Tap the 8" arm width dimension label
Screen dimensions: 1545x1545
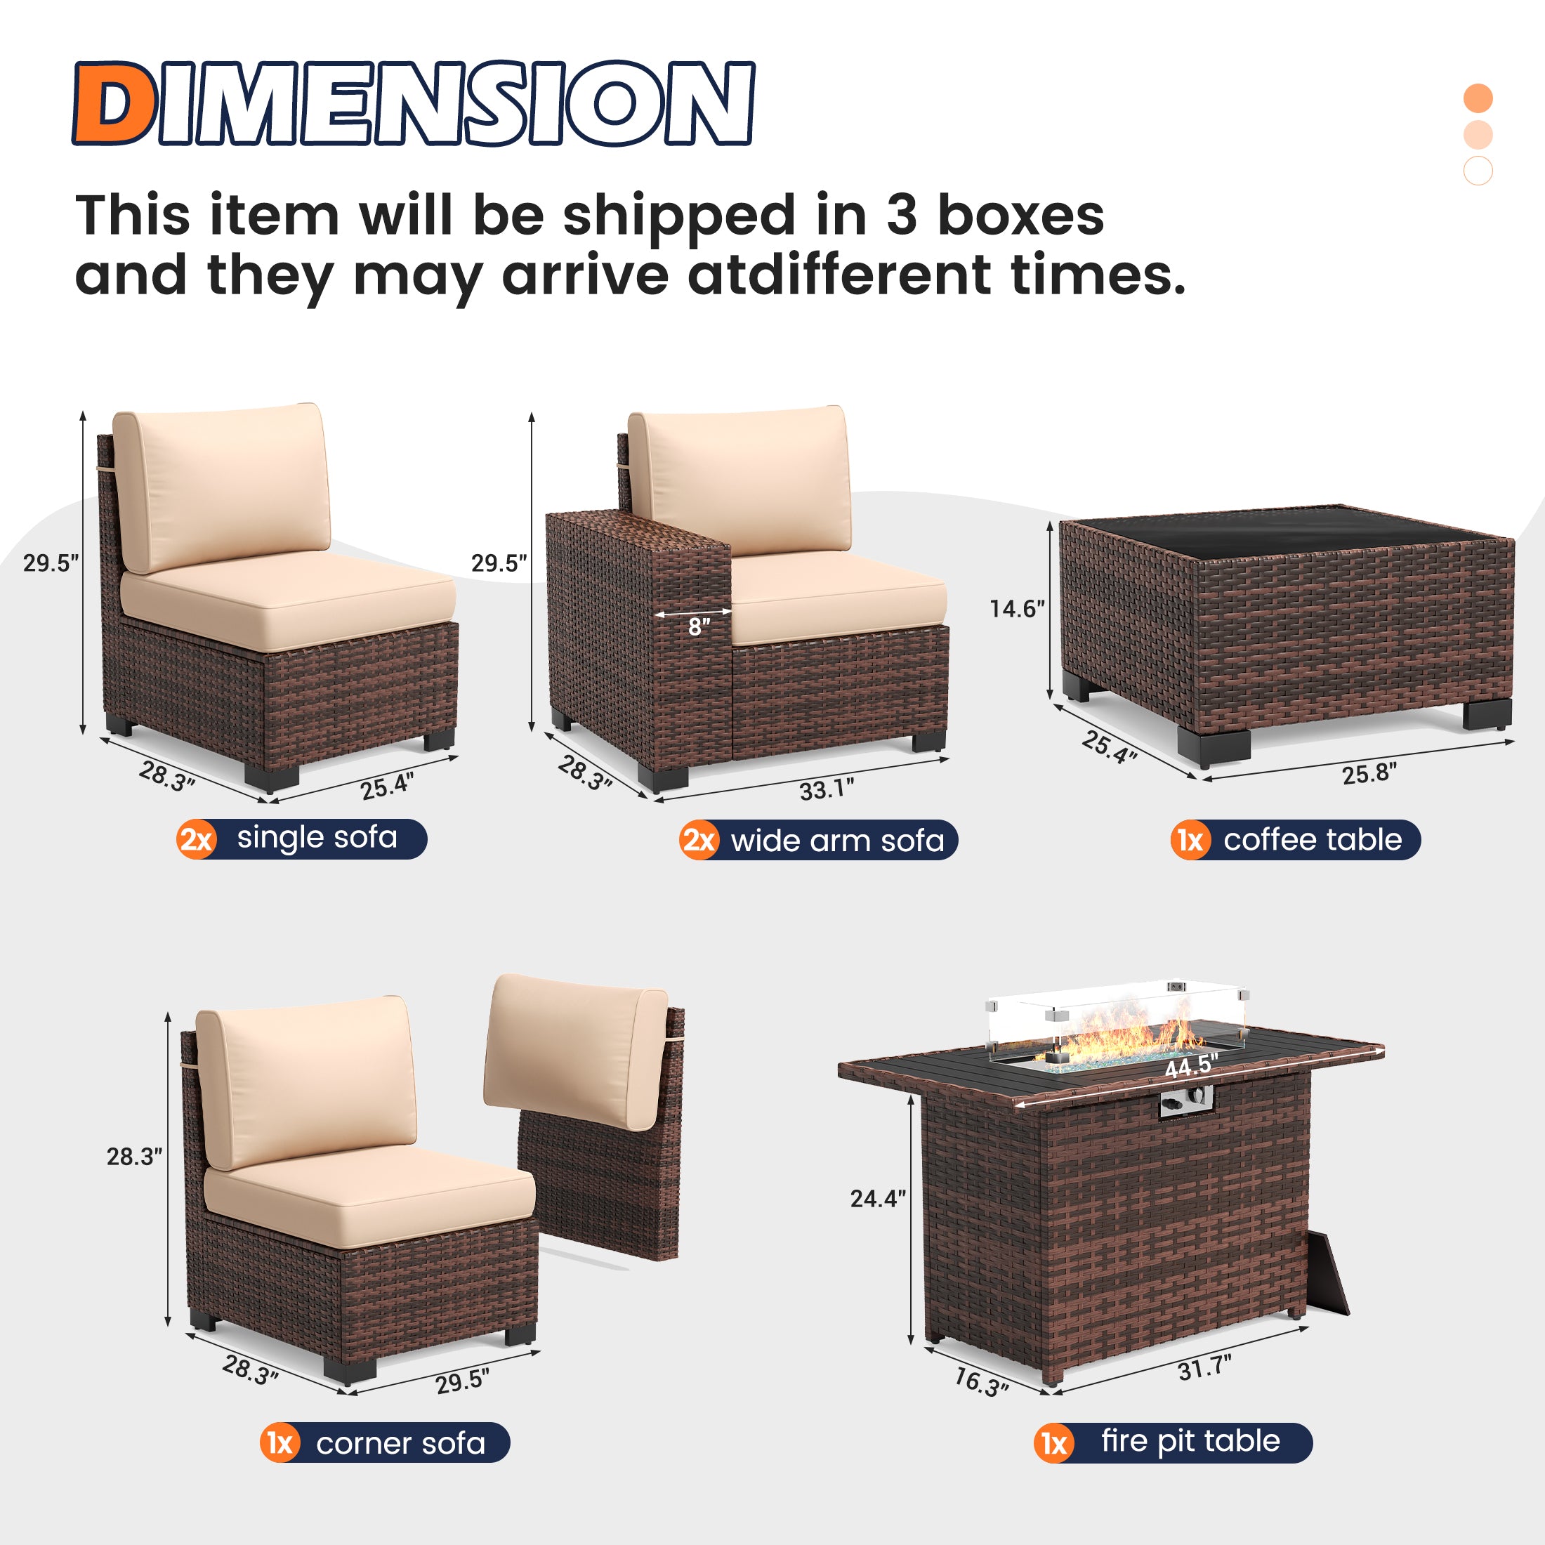(x=699, y=627)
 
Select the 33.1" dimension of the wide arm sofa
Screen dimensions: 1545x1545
(x=826, y=789)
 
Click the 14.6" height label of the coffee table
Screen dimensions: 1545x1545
(x=1016, y=610)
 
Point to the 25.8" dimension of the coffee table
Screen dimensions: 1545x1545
(x=1369, y=773)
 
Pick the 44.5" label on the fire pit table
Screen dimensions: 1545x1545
(x=1191, y=1066)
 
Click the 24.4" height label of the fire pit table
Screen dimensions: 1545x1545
(x=877, y=1198)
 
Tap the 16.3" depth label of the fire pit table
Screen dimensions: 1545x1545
(x=981, y=1382)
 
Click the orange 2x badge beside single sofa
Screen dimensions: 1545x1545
(x=196, y=840)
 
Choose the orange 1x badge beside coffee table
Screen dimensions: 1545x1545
(x=1190, y=841)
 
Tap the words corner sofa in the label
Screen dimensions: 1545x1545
(x=400, y=1443)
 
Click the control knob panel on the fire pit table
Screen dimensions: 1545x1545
(x=1186, y=1103)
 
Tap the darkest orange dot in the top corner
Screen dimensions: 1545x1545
(x=1478, y=98)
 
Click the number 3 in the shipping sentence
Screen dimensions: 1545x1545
(x=901, y=216)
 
